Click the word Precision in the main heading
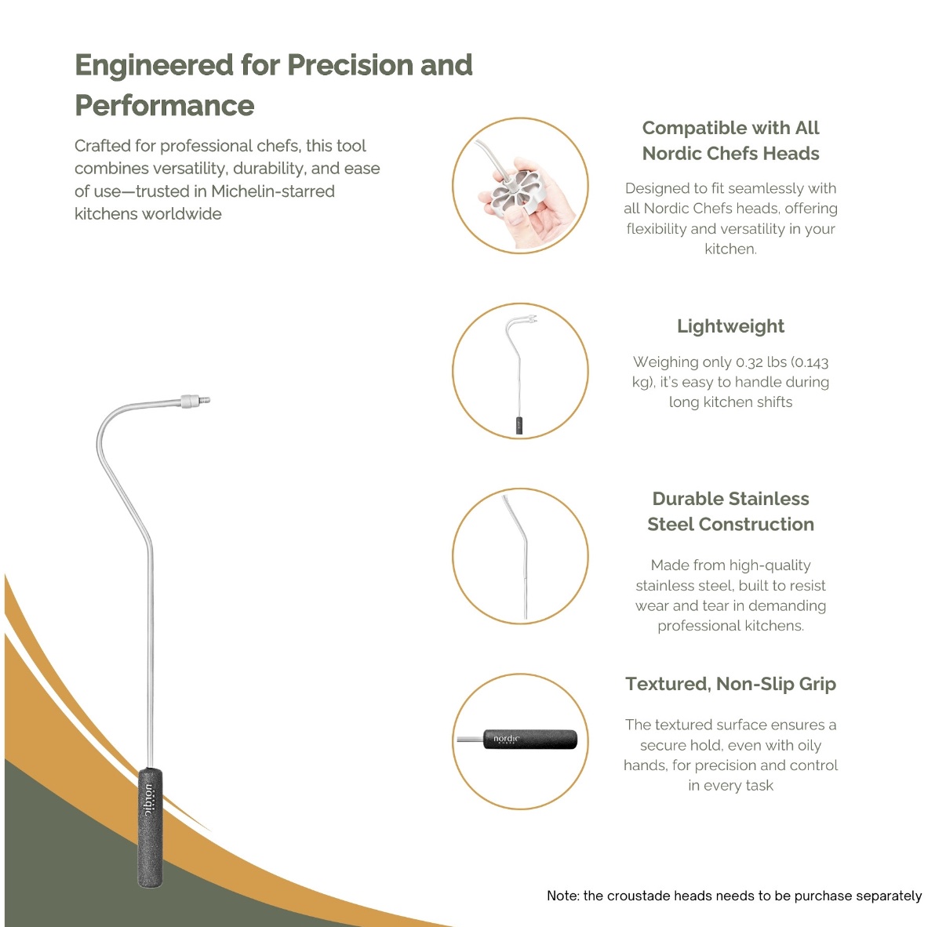(350, 65)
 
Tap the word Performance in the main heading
(165, 106)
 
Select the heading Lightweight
(730, 326)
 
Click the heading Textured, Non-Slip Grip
(730, 684)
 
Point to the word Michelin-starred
(273, 191)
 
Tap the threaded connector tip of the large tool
(195, 400)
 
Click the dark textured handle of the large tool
(150, 828)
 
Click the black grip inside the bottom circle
(530, 739)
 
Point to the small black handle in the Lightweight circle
(519, 425)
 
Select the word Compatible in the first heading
(689, 128)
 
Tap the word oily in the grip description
(808, 745)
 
